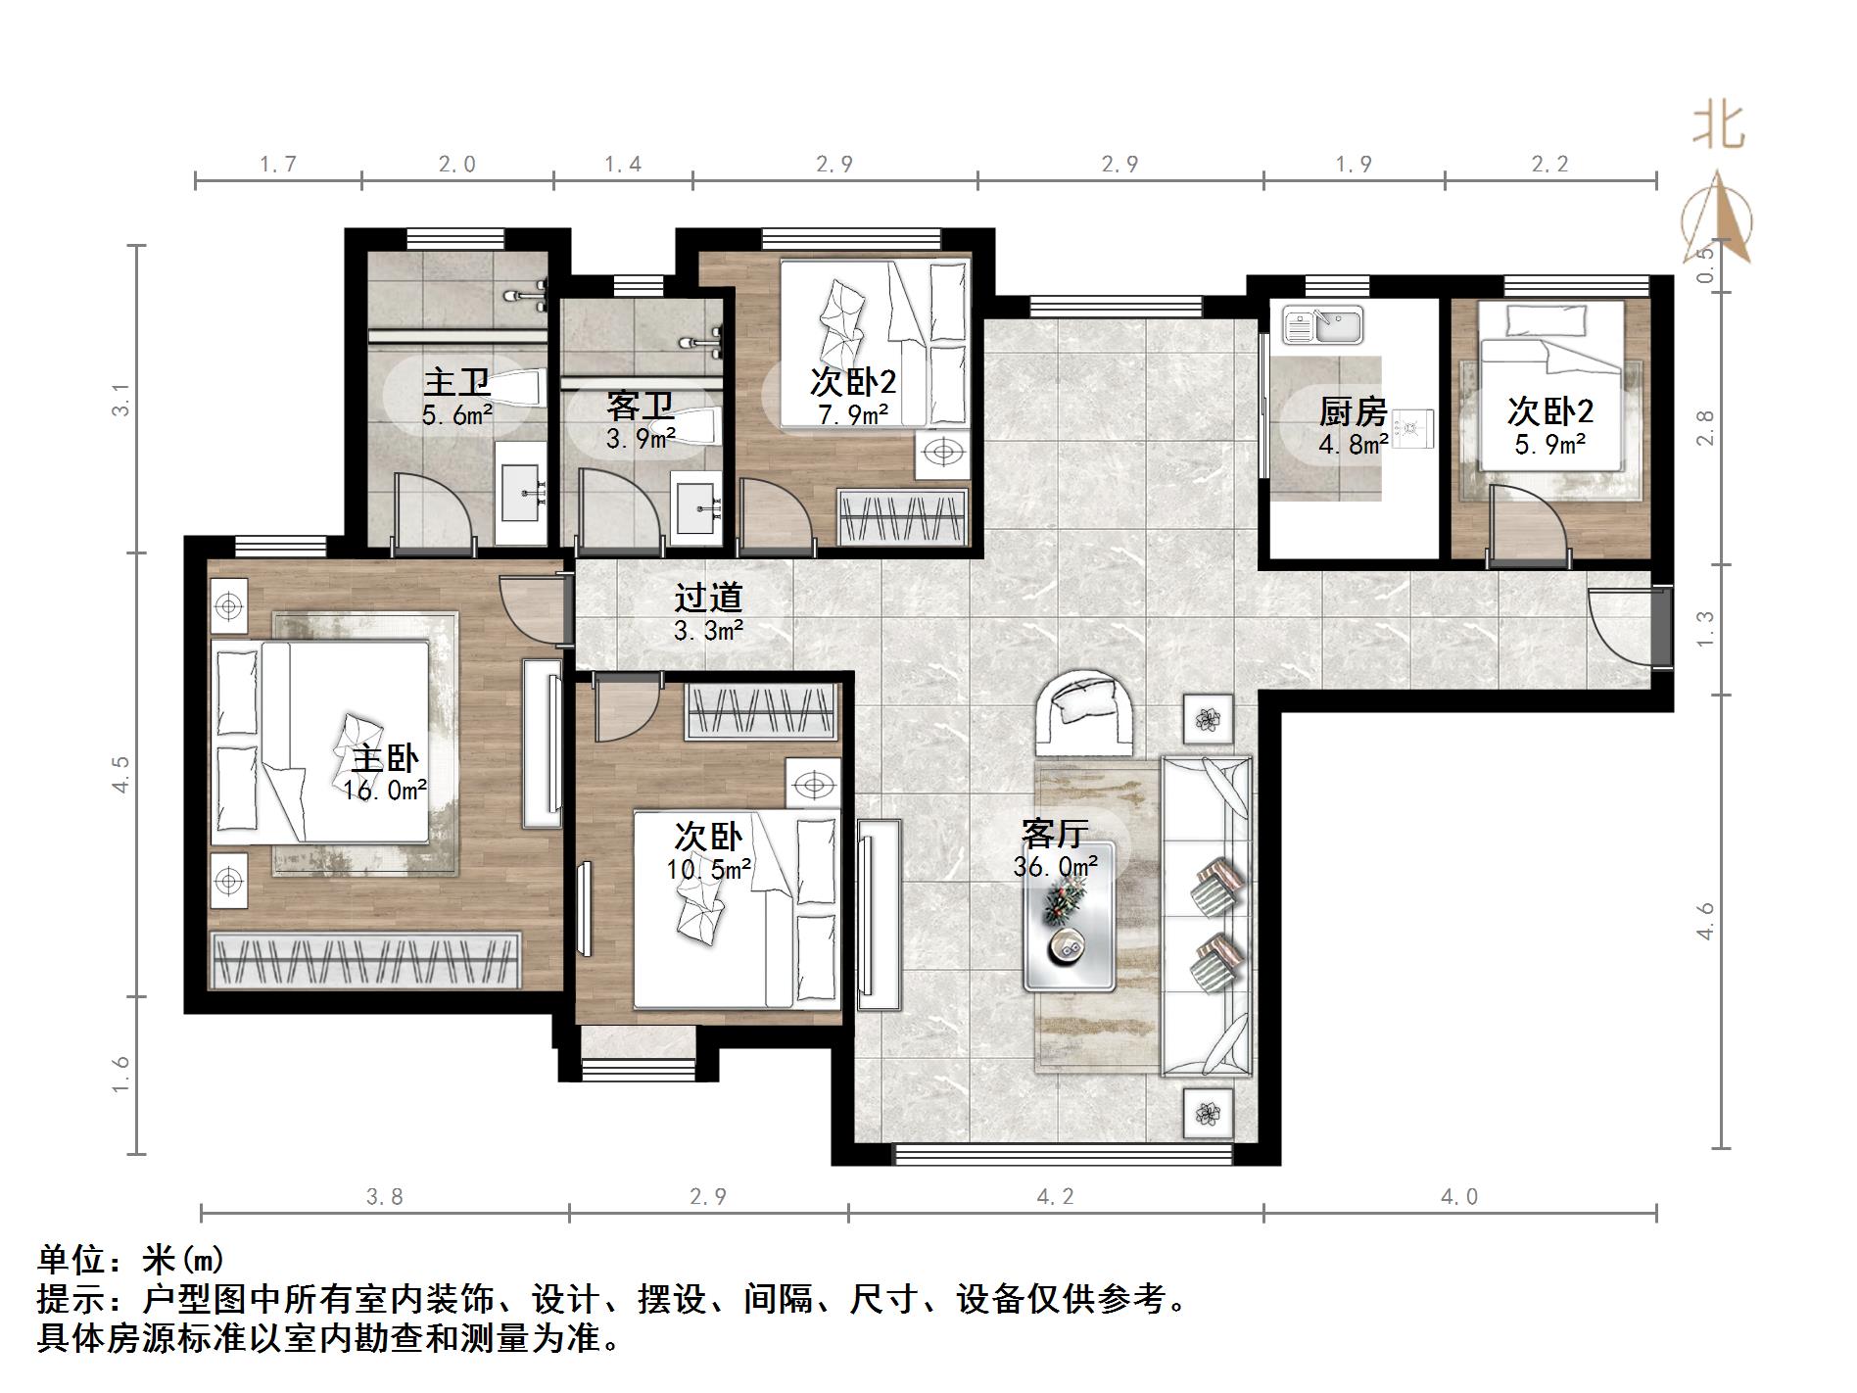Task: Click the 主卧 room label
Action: (385, 758)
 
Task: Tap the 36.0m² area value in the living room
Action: (1055, 866)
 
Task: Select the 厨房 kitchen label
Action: (1353, 411)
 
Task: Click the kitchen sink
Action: (1323, 326)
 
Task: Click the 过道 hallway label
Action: (708, 597)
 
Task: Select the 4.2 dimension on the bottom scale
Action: (1055, 1196)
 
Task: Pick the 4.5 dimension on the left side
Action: (120, 774)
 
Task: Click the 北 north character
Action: (1719, 127)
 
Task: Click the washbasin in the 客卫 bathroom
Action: (697, 506)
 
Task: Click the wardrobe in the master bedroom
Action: (365, 959)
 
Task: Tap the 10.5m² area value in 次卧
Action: (709, 868)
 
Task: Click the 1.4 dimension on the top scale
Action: (622, 165)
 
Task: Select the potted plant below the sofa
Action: (1209, 1114)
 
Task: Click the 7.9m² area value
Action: (853, 414)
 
